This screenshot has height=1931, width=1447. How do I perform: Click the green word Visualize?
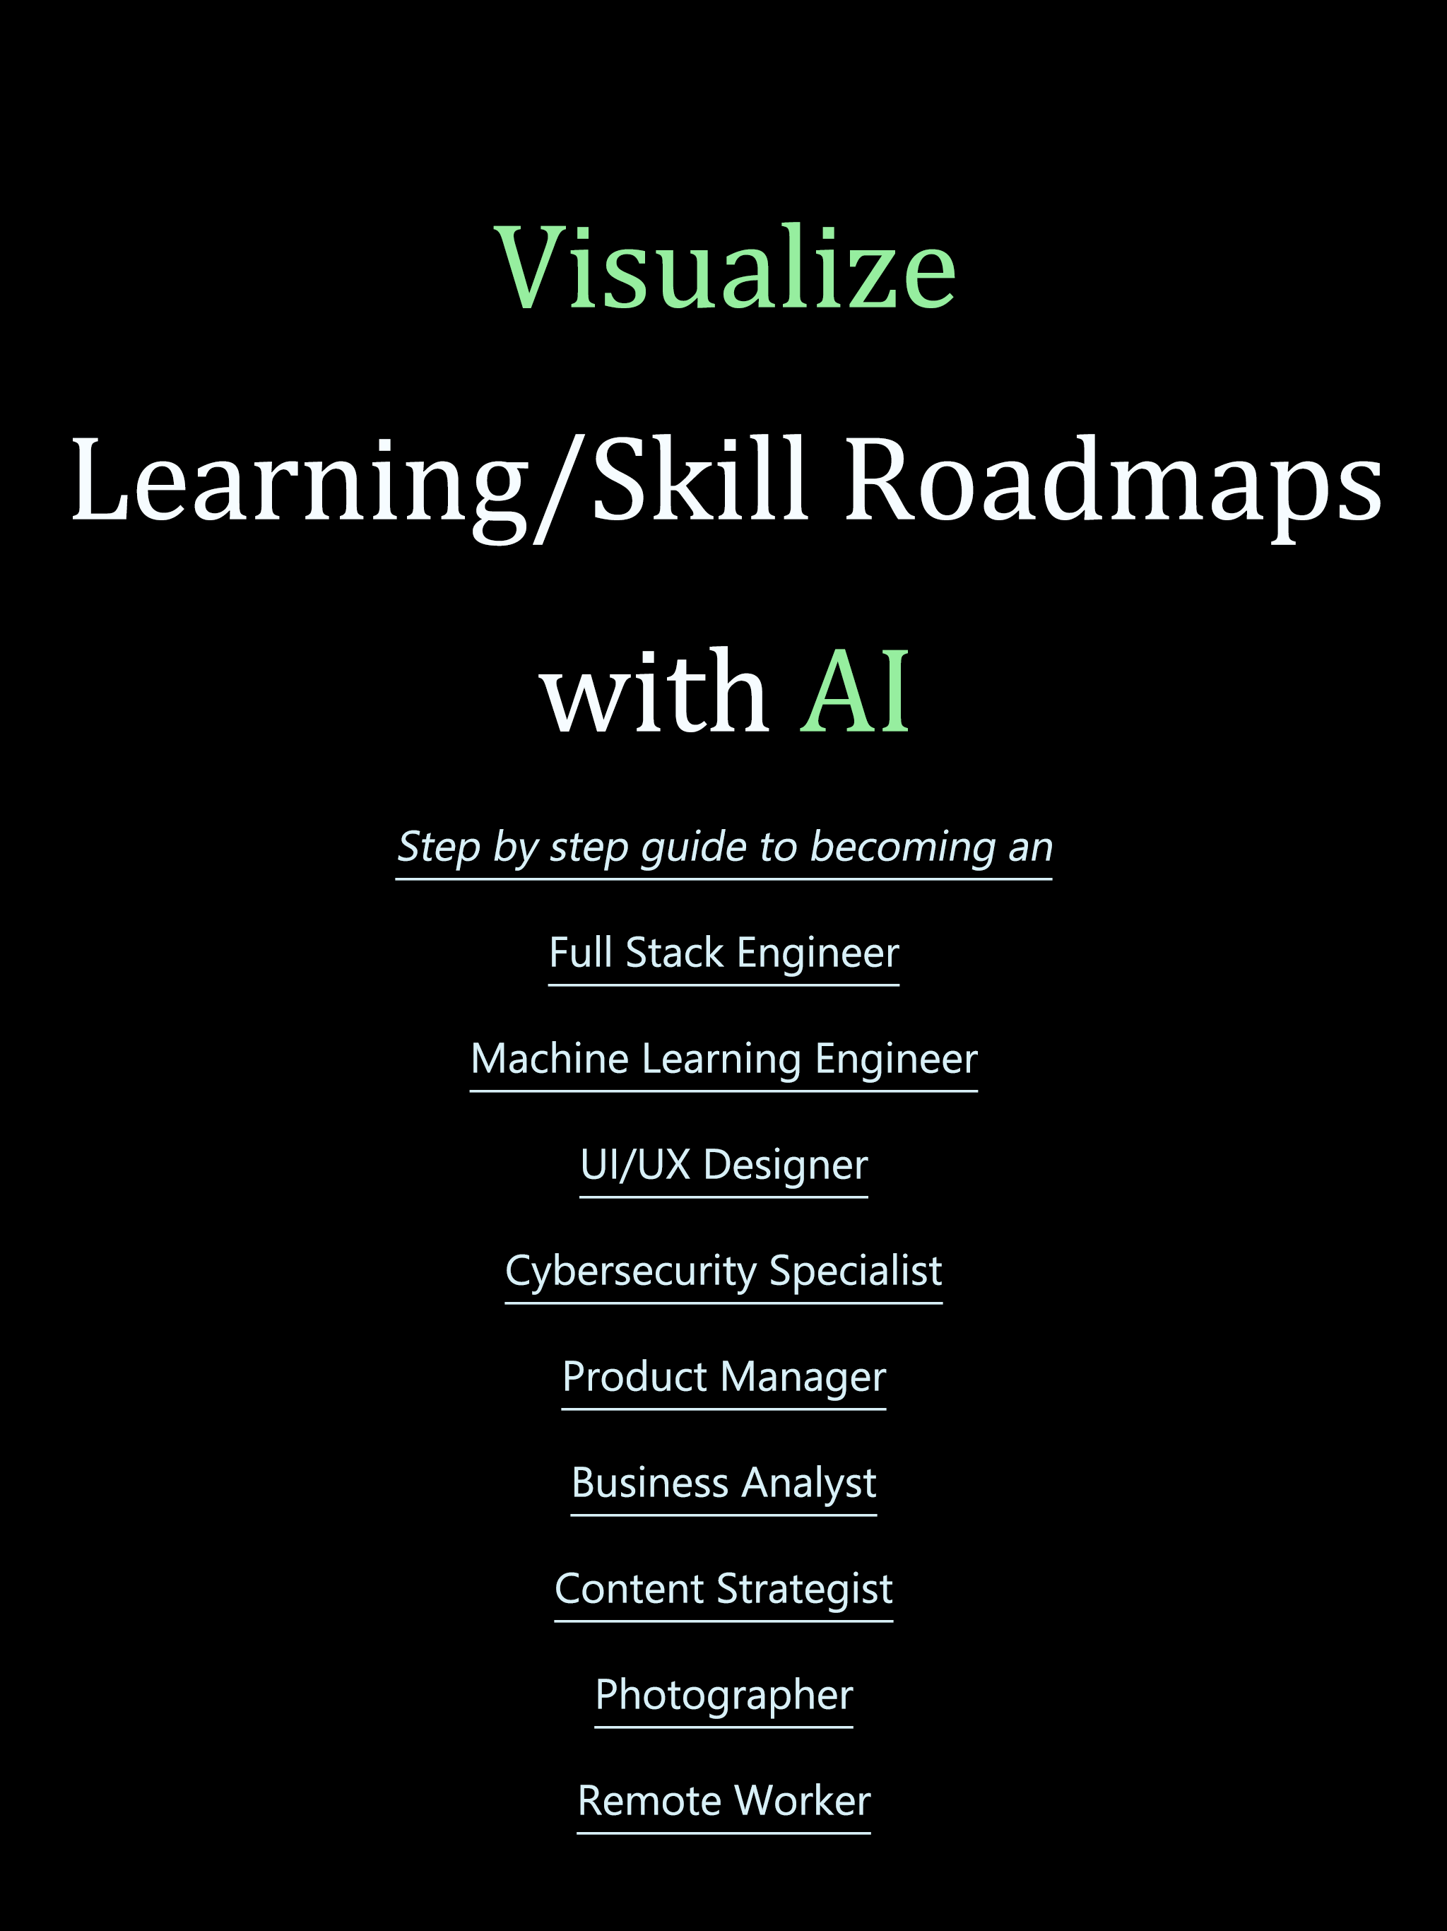(x=724, y=267)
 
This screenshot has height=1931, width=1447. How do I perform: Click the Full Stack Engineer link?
(x=723, y=953)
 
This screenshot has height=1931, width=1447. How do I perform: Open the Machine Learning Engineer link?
(x=723, y=1060)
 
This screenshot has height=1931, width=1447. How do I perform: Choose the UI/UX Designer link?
(x=723, y=1166)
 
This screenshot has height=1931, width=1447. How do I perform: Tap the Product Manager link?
(x=723, y=1378)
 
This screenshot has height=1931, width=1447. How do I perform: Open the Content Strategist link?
(x=723, y=1589)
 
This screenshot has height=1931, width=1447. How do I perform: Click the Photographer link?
(x=723, y=1696)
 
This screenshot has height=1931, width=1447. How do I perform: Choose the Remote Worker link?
(x=723, y=1801)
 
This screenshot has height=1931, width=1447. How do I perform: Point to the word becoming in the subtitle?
(x=902, y=848)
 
